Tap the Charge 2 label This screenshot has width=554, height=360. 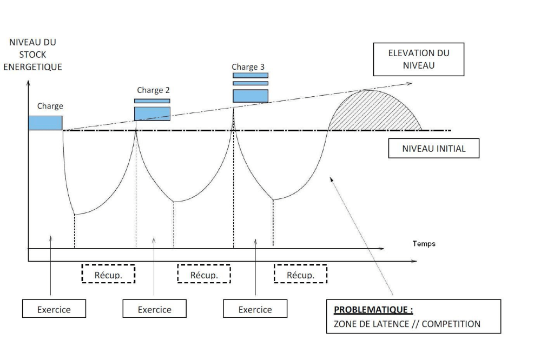(153, 90)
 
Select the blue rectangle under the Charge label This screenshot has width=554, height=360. (45, 123)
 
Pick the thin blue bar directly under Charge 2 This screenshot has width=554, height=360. (152, 101)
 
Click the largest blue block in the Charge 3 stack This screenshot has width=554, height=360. (250, 96)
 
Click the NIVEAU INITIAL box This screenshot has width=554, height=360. (434, 149)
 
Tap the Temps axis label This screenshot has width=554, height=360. (424, 244)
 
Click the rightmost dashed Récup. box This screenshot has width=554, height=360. (300, 275)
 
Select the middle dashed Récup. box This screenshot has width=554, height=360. (204, 275)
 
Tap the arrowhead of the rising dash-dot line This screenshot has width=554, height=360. (410, 83)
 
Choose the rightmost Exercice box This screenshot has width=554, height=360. (255, 310)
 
